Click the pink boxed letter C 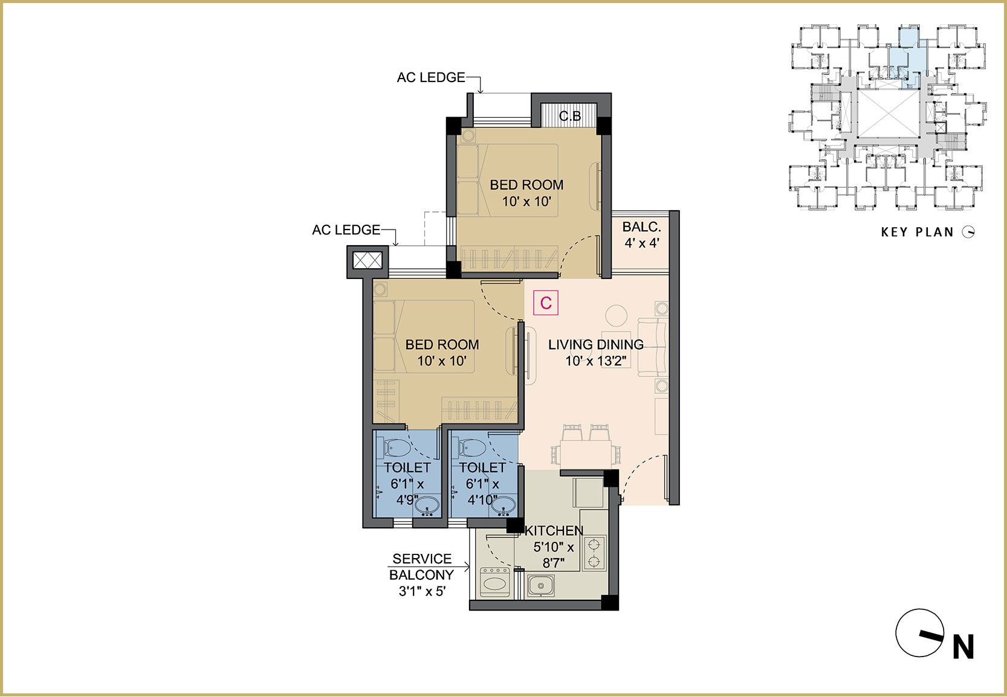(x=546, y=303)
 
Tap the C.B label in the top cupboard (x=570, y=117)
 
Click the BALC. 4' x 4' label (x=641, y=235)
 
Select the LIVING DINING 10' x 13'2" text (x=595, y=353)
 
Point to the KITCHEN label (x=554, y=530)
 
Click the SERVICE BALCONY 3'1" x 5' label (x=422, y=575)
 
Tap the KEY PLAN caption (x=917, y=232)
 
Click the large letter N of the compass (x=963, y=647)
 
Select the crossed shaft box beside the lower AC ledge (x=368, y=260)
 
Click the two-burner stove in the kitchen (x=594, y=553)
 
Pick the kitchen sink (x=540, y=586)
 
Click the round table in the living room (x=617, y=316)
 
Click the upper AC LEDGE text (x=431, y=78)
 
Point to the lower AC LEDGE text (x=346, y=230)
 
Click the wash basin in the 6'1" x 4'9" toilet (x=427, y=506)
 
